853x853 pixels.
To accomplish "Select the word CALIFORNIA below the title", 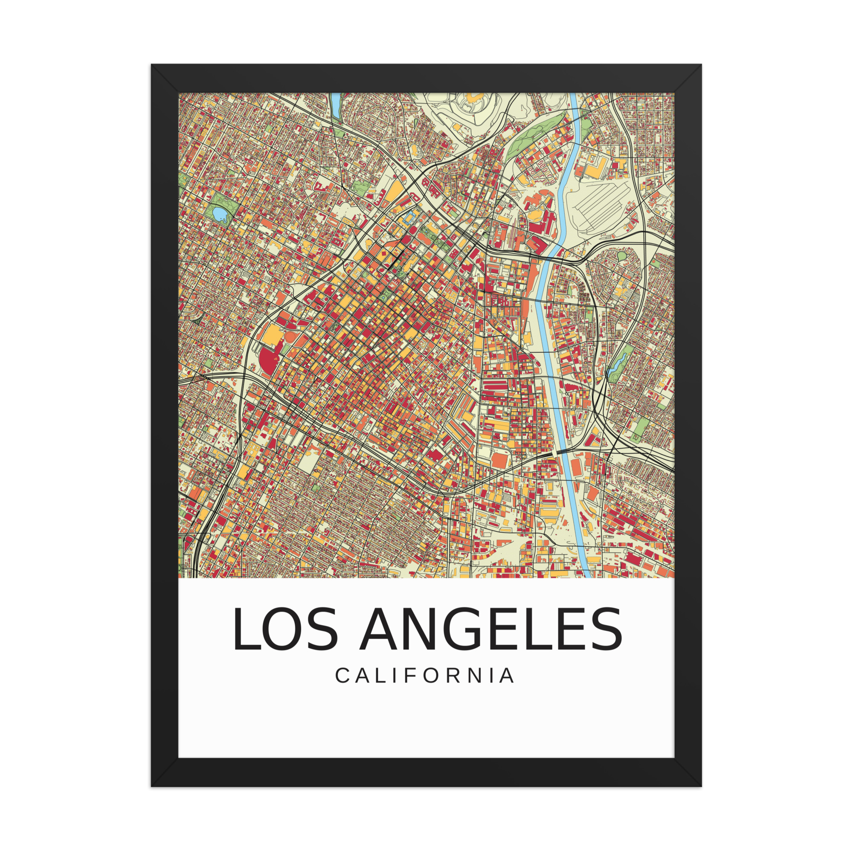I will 425,676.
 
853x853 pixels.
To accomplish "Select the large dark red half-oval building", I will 267,361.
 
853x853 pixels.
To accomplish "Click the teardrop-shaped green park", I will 622,255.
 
